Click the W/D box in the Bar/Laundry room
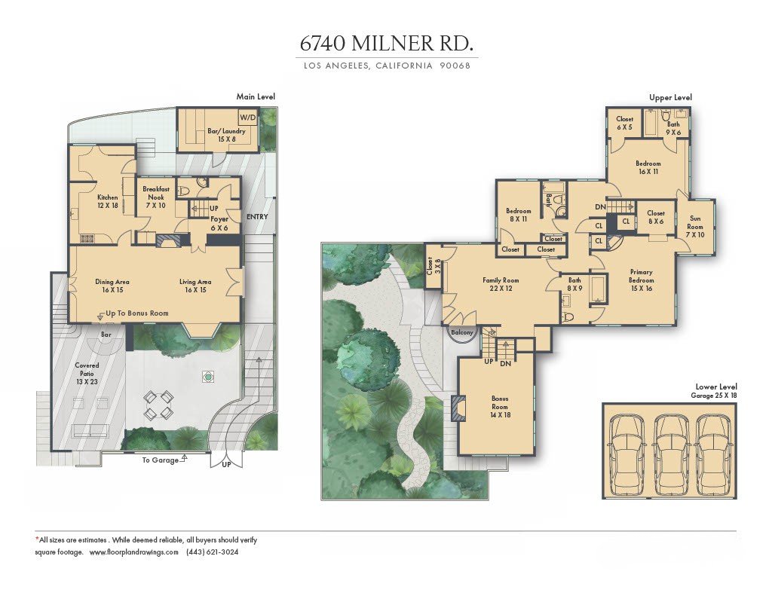(x=247, y=118)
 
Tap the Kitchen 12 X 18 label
(x=107, y=201)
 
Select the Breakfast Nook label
(x=155, y=193)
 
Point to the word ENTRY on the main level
(x=257, y=216)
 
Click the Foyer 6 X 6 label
(x=219, y=224)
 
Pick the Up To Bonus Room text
(x=137, y=313)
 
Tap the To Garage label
(x=161, y=460)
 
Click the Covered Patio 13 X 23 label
(x=87, y=374)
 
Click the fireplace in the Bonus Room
(x=459, y=407)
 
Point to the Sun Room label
(x=694, y=226)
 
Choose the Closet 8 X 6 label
(x=656, y=217)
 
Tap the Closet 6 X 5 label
(x=624, y=123)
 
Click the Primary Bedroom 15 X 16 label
(x=641, y=280)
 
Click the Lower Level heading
(x=716, y=387)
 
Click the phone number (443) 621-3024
(x=212, y=552)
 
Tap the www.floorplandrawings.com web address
(x=134, y=552)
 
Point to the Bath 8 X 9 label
(x=574, y=284)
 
